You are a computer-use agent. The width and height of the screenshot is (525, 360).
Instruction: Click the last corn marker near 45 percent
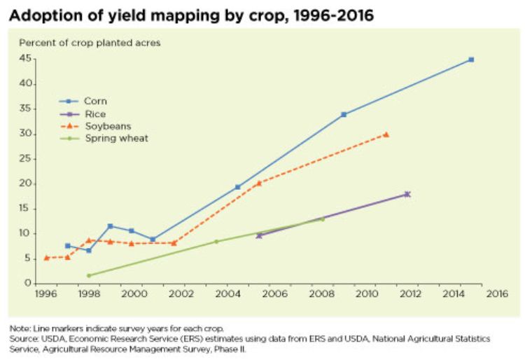471,60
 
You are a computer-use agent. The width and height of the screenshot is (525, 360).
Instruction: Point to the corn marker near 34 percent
344,114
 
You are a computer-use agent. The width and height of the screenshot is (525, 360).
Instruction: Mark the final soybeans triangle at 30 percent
386,134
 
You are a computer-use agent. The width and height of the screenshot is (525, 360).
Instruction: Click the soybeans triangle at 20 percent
258,183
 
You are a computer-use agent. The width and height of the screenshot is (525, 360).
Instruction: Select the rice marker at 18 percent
407,194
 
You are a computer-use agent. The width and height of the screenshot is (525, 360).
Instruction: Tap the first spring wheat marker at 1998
89,275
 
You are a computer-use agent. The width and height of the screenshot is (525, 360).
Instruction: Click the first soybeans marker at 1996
46,258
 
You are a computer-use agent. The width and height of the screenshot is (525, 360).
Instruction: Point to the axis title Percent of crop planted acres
90,43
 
